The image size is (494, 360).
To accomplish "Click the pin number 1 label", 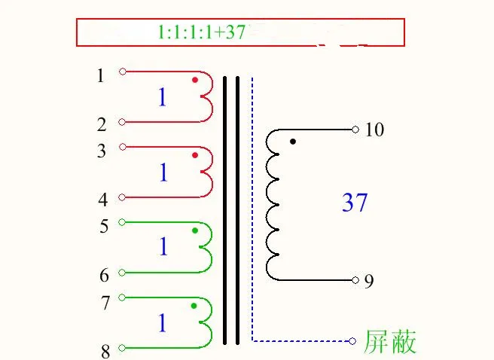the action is tap(101, 75).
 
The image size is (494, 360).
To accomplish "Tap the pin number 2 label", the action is tap(102, 124).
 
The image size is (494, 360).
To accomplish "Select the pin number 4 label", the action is tap(103, 200).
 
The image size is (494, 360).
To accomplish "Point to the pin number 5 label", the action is tap(103, 226).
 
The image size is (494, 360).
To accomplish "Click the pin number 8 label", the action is tap(105, 351).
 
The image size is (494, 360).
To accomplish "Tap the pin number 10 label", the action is tap(374, 130).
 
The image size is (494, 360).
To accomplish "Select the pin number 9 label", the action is tap(368, 281).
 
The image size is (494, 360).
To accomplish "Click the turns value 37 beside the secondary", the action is tap(355, 202).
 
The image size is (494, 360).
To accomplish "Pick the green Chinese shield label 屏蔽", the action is tap(390, 342).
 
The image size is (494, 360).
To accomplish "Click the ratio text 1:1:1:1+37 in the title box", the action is tap(202, 32).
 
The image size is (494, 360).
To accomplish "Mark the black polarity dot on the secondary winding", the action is tap(293, 141).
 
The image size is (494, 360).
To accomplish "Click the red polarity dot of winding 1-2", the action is tap(194, 80).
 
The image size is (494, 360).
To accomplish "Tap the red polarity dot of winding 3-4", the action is tap(194, 155).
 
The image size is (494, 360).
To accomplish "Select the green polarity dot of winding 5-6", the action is tap(194, 230).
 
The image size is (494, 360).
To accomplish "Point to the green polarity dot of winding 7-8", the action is tap(194, 306).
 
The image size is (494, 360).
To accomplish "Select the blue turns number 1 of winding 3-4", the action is tap(163, 173).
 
